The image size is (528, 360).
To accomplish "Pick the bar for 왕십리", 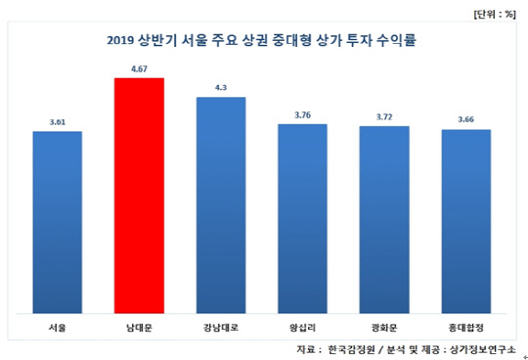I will click(x=302, y=217).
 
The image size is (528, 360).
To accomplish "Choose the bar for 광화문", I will click(x=384, y=218).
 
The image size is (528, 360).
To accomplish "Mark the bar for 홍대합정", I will click(x=465, y=220).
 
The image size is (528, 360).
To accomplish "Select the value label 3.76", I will click(x=302, y=115).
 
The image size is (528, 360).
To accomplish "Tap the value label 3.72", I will click(x=384, y=117).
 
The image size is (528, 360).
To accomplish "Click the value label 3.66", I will click(x=465, y=120).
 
